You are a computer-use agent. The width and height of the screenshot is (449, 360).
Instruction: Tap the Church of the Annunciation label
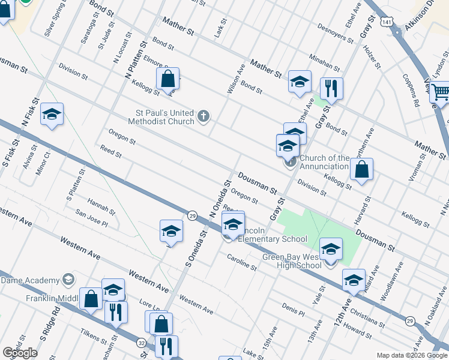click(x=325, y=162)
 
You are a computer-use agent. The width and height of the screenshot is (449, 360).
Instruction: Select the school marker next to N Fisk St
click(x=52, y=115)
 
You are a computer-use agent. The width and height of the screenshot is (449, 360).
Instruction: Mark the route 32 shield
click(x=141, y=343)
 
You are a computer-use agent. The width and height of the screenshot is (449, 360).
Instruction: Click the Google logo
click(x=20, y=353)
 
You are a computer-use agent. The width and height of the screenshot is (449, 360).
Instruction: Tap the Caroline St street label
click(x=242, y=262)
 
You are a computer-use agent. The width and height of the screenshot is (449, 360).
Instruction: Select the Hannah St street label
click(x=101, y=208)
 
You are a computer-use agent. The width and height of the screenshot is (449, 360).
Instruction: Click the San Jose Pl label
click(x=91, y=219)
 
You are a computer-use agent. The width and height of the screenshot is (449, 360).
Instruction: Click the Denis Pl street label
click(x=294, y=310)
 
